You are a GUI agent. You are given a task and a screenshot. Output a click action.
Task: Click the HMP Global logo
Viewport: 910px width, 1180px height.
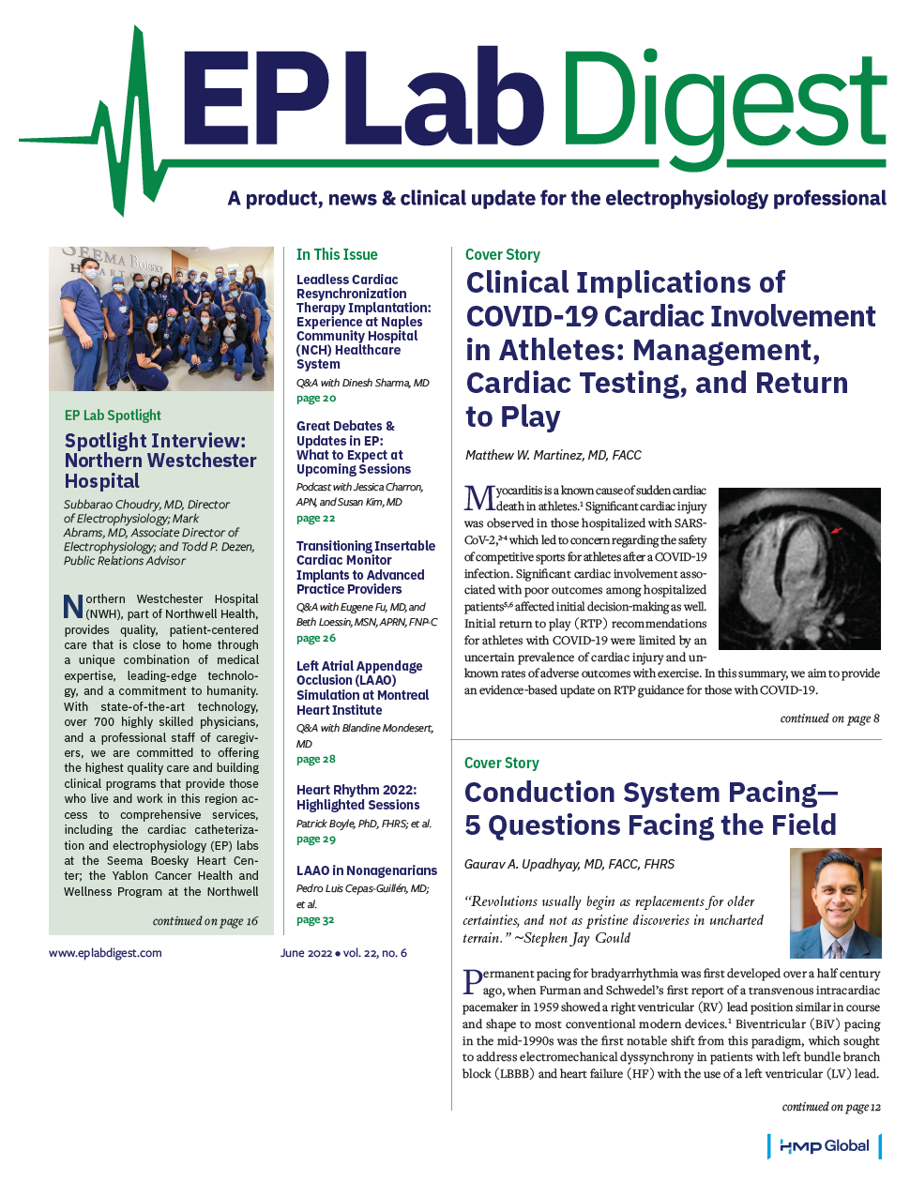click(x=824, y=1146)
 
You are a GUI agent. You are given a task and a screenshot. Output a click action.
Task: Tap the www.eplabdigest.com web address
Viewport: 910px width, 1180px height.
click(x=105, y=953)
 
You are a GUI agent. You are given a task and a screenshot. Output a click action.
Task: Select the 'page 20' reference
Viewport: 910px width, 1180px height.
click(x=316, y=399)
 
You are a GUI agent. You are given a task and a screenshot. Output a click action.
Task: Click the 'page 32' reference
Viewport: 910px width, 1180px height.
click(x=315, y=920)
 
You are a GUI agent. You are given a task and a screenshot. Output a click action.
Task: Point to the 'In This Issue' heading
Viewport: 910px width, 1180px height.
click(x=337, y=254)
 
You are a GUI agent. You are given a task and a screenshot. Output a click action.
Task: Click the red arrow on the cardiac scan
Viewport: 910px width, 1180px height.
click(x=837, y=531)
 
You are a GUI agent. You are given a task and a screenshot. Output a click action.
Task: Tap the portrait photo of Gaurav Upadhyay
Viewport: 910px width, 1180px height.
click(x=835, y=902)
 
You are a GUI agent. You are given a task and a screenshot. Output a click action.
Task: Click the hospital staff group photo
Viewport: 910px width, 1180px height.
click(x=161, y=319)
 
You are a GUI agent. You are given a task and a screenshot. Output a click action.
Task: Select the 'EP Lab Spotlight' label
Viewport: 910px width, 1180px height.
click(x=113, y=416)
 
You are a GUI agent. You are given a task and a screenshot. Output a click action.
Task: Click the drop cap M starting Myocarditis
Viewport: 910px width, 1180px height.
click(x=479, y=498)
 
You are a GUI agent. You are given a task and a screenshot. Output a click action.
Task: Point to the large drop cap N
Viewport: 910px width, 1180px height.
click(x=73, y=607)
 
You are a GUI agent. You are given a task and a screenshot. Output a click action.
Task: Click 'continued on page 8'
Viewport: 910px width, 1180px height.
click(x=829, y=719)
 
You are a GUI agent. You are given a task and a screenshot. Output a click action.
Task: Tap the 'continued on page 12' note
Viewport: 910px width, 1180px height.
click(x=831, y=1107)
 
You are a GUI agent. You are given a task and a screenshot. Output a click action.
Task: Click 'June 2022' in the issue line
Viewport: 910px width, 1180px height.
click(x=306, y=953)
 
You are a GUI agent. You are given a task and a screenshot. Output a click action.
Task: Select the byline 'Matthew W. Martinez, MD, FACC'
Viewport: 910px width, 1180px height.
click(x=553, y=455)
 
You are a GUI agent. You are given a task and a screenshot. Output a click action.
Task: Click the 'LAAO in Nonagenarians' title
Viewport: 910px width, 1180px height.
click(x=367, y=870)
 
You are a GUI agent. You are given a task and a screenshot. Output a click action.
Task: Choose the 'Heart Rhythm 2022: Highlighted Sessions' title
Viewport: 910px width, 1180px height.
click(x=357, y=797)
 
